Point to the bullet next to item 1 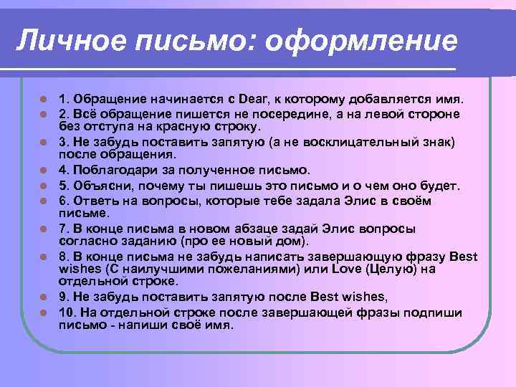[x=44, y=99]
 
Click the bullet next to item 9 [x=44, y=297]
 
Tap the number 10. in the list [x=67, y=312]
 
